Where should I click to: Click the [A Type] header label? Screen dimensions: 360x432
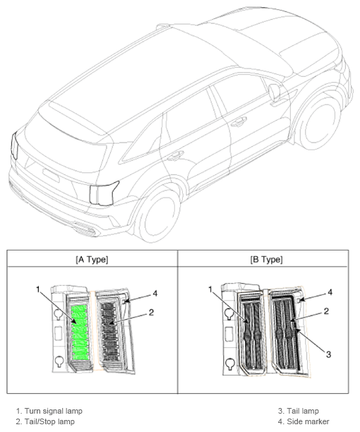coord(92,260)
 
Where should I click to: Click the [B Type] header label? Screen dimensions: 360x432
coord(266,260)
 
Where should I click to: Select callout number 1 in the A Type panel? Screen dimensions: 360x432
coord(38,289)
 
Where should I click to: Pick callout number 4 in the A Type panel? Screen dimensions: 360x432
coord(155,294)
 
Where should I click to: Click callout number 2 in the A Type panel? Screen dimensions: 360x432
coord(151,313)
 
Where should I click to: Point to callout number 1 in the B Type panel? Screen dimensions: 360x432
coord(210,289)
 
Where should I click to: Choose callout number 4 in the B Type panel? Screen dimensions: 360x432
coord(330,292)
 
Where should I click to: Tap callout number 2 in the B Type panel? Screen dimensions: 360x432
coord(326,311)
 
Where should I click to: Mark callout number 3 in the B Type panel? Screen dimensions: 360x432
coord(328,354)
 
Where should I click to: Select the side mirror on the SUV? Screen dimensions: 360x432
coord(275,92)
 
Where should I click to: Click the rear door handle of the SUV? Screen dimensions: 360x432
coord(176,155)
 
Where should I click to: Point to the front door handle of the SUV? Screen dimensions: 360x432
coord(239,122)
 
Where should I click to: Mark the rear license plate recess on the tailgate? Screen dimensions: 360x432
coord(51,176)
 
